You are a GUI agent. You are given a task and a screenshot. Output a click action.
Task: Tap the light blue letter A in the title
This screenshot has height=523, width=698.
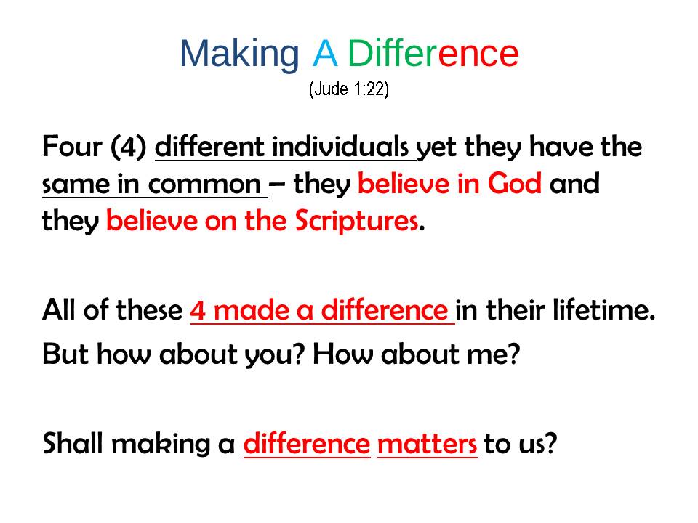(x=325, y=53)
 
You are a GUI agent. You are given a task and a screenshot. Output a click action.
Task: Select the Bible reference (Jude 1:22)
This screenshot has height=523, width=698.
(x=349, y=89)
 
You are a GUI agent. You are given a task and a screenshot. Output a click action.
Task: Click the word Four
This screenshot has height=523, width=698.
(x=72, y=146)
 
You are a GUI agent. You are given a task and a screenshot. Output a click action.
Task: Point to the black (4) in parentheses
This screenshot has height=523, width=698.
(x=128, y=147)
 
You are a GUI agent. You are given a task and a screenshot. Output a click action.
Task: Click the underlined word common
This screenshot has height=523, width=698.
(x=204, y=185)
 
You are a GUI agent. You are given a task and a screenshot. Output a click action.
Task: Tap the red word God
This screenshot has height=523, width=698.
(x=515, y=183)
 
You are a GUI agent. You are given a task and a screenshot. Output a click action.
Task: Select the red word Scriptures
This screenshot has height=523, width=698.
(x=357, y=220)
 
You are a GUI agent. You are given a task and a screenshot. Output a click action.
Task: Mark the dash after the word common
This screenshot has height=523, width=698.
(x=277, y=183)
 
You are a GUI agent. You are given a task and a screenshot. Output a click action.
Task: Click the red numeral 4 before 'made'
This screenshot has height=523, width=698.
(x=198, y=310)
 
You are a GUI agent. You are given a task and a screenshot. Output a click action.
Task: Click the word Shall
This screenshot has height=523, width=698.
(x=73, y=443)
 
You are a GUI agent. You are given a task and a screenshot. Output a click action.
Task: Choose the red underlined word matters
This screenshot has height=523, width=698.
(x=428, y=444)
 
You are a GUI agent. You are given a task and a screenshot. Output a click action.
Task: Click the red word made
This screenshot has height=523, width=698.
(x=252, y=309)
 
